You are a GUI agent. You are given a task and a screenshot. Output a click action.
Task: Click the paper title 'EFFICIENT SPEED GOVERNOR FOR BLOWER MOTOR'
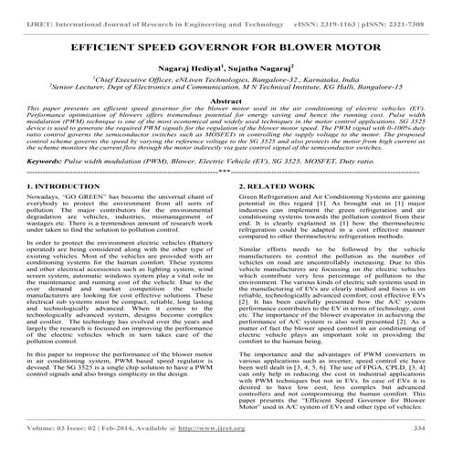(226, 44)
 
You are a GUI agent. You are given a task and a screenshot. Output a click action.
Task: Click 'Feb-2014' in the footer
(132, 428)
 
